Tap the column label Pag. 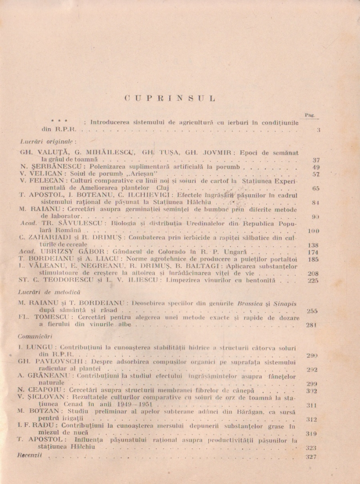310,115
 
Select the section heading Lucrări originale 38,141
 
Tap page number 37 315,160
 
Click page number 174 312,252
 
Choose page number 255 312,311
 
